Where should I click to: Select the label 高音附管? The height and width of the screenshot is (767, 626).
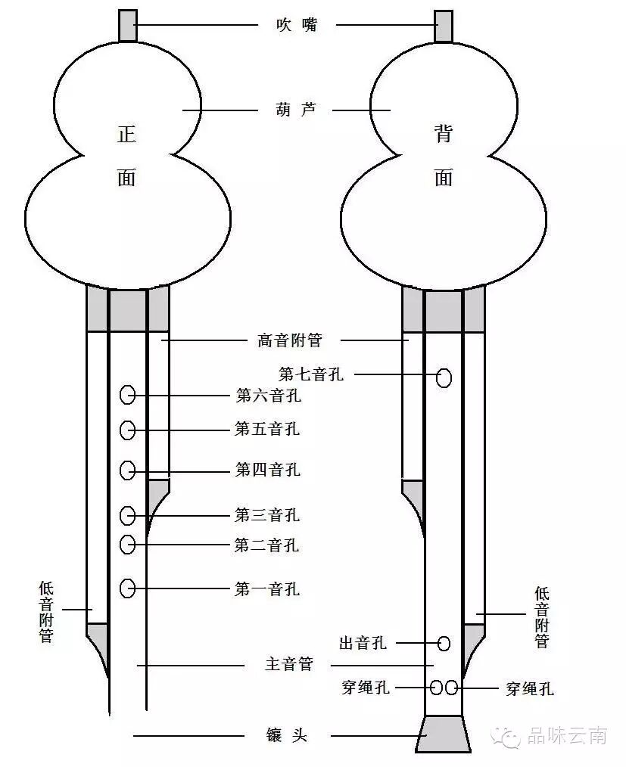point(290,340)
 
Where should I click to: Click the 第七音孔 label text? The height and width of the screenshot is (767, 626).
point(311,374)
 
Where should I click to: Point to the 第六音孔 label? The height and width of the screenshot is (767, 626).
point(267,395)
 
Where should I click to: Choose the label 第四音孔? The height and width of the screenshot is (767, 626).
point(267,470)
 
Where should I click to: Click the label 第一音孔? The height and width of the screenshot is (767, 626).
point(267,588)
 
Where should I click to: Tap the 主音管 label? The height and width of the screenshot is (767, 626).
point(288,665)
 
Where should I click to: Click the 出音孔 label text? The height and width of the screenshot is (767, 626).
point(363,643)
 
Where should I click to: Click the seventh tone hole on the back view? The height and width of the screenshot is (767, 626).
point(444,377)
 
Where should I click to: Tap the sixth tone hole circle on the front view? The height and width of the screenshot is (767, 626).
point(127,395)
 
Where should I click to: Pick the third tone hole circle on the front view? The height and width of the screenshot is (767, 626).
point(127,516)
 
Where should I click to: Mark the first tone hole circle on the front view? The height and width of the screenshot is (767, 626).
point(127,587)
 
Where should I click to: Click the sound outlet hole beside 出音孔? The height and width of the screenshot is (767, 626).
point(444,644)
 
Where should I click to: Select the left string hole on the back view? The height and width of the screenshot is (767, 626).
point(437,688)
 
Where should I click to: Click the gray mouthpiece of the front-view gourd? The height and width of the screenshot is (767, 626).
point(127,25)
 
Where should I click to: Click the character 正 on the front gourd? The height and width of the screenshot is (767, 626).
point(126,135)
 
